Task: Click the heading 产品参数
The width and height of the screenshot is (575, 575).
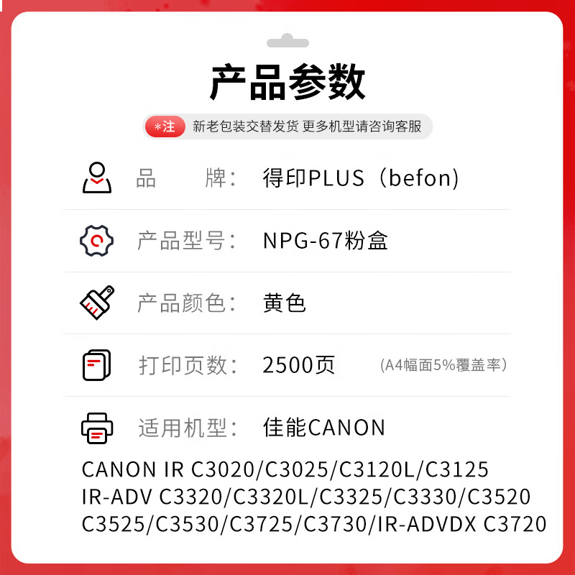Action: point(287,83)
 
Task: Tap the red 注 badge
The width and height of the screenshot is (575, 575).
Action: point(165,127)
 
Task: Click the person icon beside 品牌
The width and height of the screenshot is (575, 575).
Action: point(96,178)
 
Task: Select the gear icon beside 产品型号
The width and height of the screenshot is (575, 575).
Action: point(96,241)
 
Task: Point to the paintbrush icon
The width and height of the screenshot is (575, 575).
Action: point(96,303)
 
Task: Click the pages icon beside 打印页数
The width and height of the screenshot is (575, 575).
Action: point(96,365)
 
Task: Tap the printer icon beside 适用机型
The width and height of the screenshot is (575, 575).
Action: point(96,428)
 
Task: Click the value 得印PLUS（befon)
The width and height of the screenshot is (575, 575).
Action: point(361,178)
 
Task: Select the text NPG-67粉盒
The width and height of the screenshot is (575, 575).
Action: point(326,241)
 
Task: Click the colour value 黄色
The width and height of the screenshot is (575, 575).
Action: point(285,303)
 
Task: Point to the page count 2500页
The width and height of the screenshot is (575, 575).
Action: point(299,365)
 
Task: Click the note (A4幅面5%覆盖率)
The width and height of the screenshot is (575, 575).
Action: point(444,365)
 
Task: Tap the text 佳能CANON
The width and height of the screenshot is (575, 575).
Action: point(324,428)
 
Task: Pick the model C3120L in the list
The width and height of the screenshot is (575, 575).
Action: point(377,470)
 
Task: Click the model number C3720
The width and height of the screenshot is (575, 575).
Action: point(515,524)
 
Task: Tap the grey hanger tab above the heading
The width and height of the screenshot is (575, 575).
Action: point(287,42)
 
